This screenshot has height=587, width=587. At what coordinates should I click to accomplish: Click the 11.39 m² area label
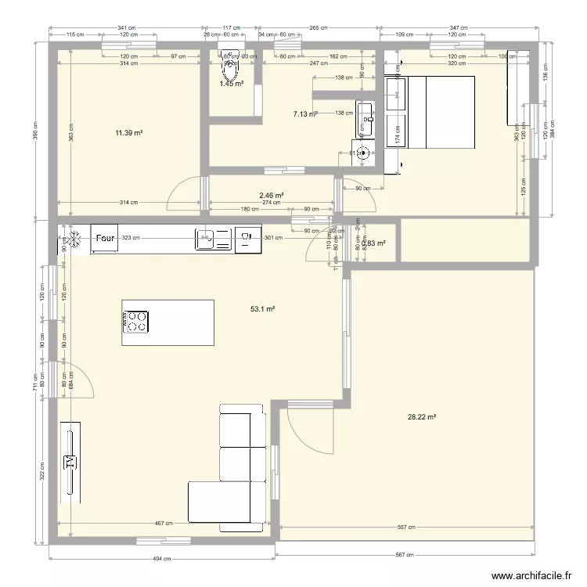tap(129, 134)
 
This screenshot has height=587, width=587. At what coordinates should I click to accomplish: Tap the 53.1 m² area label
tap(262, 309)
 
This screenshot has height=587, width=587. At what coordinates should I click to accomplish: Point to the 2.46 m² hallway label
tap(271, 196)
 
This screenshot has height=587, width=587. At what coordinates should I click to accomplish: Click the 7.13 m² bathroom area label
tap(304, 114)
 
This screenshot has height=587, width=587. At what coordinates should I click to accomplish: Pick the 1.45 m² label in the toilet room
tap(231, 84)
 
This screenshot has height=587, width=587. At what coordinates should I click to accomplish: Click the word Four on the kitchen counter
tap(105, 238)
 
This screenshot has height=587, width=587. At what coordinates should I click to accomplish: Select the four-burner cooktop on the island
tap(135, 321)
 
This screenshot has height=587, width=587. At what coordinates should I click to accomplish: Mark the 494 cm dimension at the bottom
tap(161, 559)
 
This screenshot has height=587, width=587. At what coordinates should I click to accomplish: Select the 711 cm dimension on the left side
tap(35, 388)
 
